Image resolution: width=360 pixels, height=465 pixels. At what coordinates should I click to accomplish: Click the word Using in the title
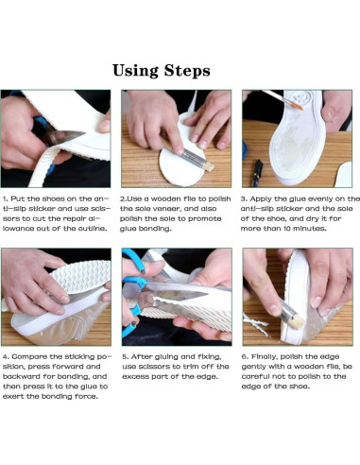(135, 71)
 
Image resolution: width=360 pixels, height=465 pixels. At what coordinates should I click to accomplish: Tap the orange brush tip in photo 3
(297, 105)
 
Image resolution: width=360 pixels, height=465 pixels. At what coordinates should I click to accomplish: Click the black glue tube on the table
(257, 173)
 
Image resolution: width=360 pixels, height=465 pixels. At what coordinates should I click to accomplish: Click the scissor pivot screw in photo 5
(146, 298)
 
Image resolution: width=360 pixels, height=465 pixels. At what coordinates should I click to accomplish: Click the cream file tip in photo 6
(296, 321)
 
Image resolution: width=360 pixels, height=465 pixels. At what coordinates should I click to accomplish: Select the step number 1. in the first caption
(6, 198)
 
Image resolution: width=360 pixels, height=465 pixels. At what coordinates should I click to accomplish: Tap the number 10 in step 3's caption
(286, 229)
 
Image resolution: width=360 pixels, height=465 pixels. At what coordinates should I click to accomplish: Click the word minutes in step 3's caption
(310, 229)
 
